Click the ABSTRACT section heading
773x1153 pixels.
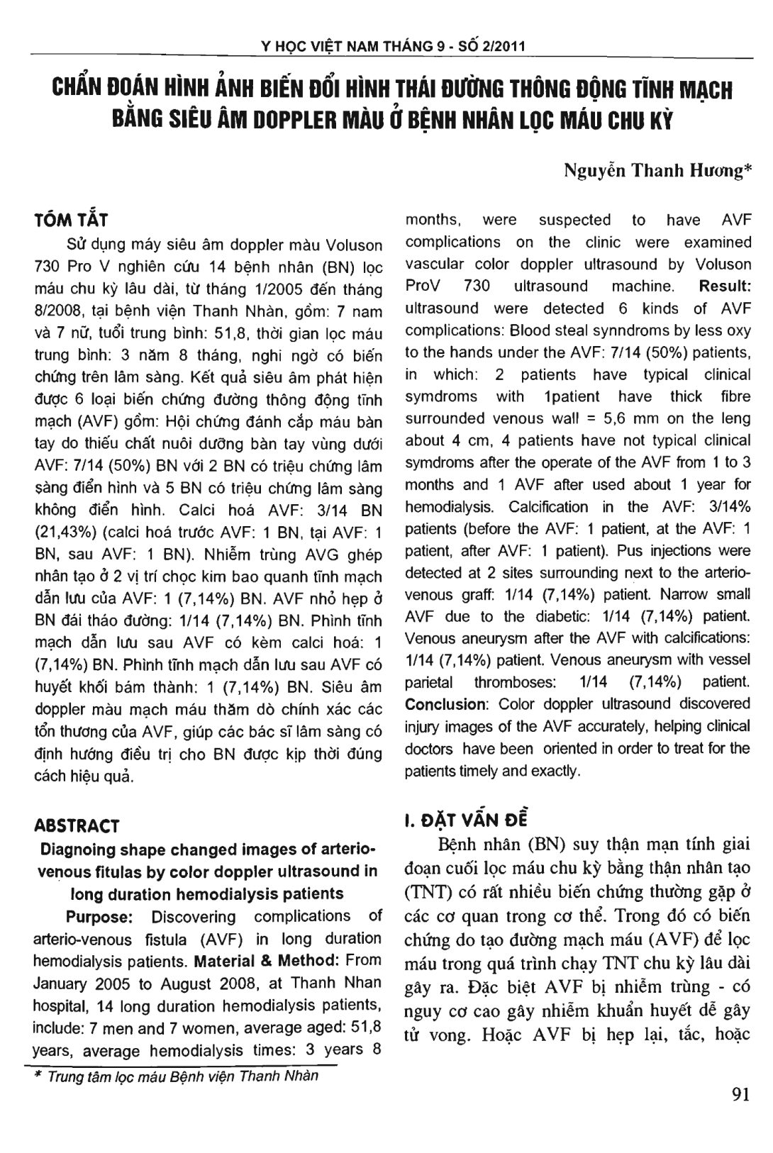[x=77, y=825]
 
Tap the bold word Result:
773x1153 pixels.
[x=725, y=286]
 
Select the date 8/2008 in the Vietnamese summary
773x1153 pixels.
[x=59, y=311]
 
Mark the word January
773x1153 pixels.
[x=63, y=984]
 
